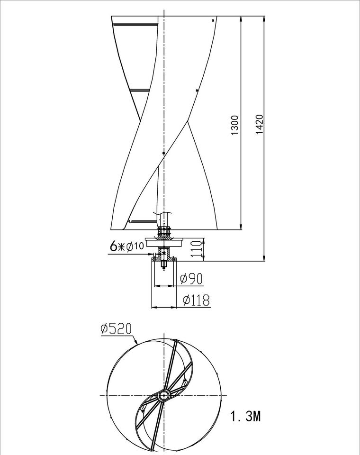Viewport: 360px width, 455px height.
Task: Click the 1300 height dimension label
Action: tap(234, 125)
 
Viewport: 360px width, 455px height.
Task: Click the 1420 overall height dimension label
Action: tap(259, 125)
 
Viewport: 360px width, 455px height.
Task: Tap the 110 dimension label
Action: tap(197, 249)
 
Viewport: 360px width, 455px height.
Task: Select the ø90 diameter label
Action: tap(191, 279)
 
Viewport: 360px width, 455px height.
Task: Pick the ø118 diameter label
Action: tap(196, 300)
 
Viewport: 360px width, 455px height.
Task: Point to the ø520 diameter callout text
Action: tap(116, 329)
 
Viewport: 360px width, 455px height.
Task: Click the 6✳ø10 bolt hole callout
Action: tap(127, 246)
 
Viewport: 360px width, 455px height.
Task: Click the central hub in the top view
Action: tap(163, 395)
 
